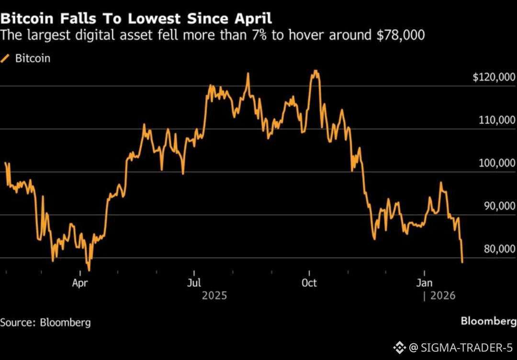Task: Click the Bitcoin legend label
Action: pos(33,58)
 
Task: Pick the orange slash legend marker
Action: pos(6,58)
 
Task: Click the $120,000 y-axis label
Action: pos(494,78)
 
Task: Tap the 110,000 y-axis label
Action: pos(497,120)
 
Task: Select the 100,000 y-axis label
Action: pos(497,163)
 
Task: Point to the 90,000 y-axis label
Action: pos(499,206)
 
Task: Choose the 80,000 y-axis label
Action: pos(499,249)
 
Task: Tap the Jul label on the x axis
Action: pos(194,283)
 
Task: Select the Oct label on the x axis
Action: pos(309,283)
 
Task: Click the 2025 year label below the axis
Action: pos(214,296)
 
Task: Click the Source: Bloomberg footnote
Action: pos(45,322)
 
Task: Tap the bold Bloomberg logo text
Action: pos(488,321)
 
